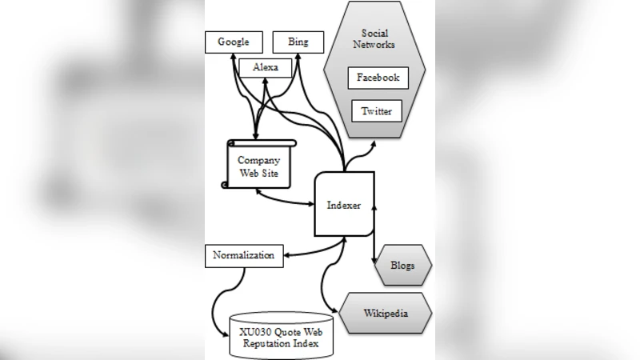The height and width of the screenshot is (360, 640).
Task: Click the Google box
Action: coord(234,42)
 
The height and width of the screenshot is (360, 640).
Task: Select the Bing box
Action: coord(298,42)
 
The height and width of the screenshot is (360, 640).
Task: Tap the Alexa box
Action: coord(265,67)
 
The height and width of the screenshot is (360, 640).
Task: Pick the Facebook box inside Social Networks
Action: coord(378,78)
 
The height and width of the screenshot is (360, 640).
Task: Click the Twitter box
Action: coord(377,111)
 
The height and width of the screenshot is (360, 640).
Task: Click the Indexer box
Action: coord(344,205)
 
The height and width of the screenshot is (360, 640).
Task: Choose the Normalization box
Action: coord(244,256)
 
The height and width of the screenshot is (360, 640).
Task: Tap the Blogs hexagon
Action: coord(402,265)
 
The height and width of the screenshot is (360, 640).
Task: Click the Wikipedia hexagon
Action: coord(386,312)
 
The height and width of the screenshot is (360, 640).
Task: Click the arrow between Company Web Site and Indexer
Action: coord(283,197)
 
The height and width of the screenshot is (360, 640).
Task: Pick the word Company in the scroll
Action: coord(258,160)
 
